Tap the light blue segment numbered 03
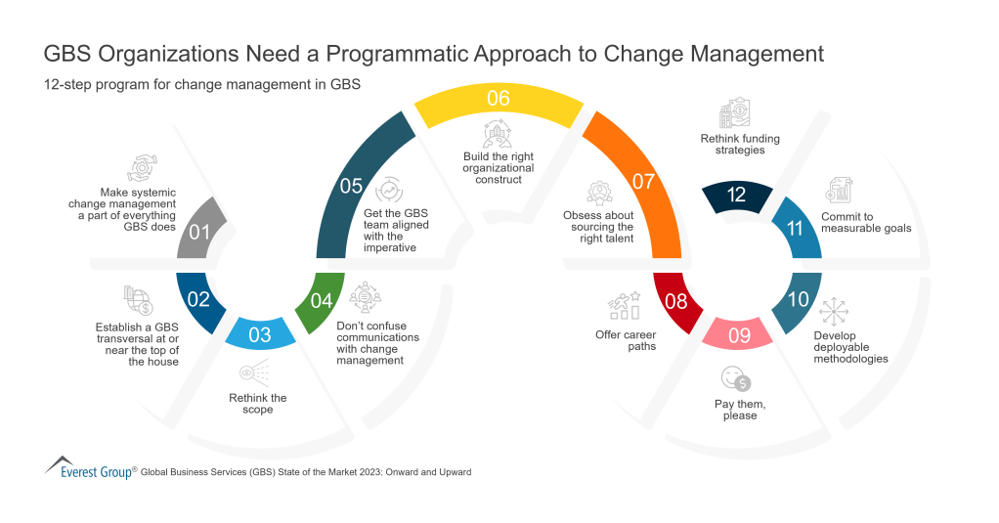[259, 334]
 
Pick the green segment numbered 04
[321, 300]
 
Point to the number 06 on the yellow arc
[499, 98]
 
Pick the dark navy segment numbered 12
[737, 195]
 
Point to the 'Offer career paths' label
[626, 340]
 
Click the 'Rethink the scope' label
[258, 404]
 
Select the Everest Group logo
[87, 467]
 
